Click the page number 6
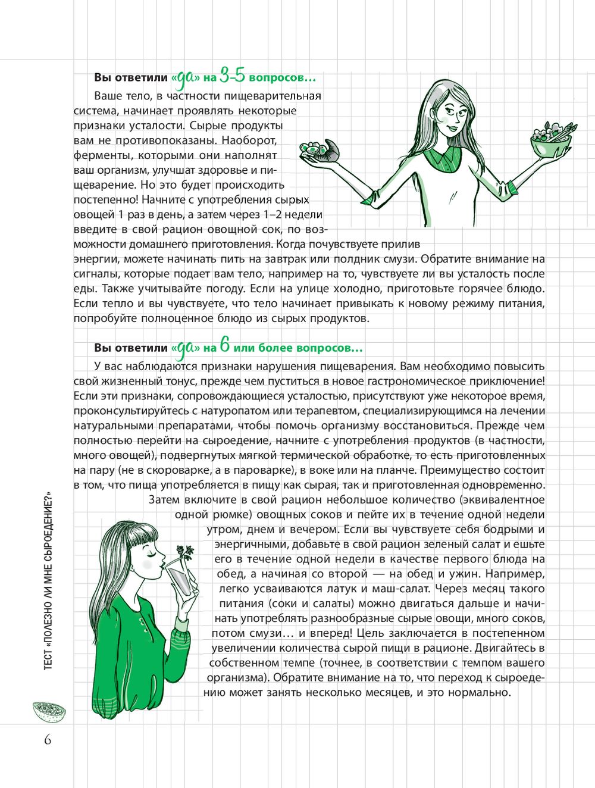click(47, 740)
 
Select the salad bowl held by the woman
click(550, 140)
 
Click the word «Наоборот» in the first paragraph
click(253, 140)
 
